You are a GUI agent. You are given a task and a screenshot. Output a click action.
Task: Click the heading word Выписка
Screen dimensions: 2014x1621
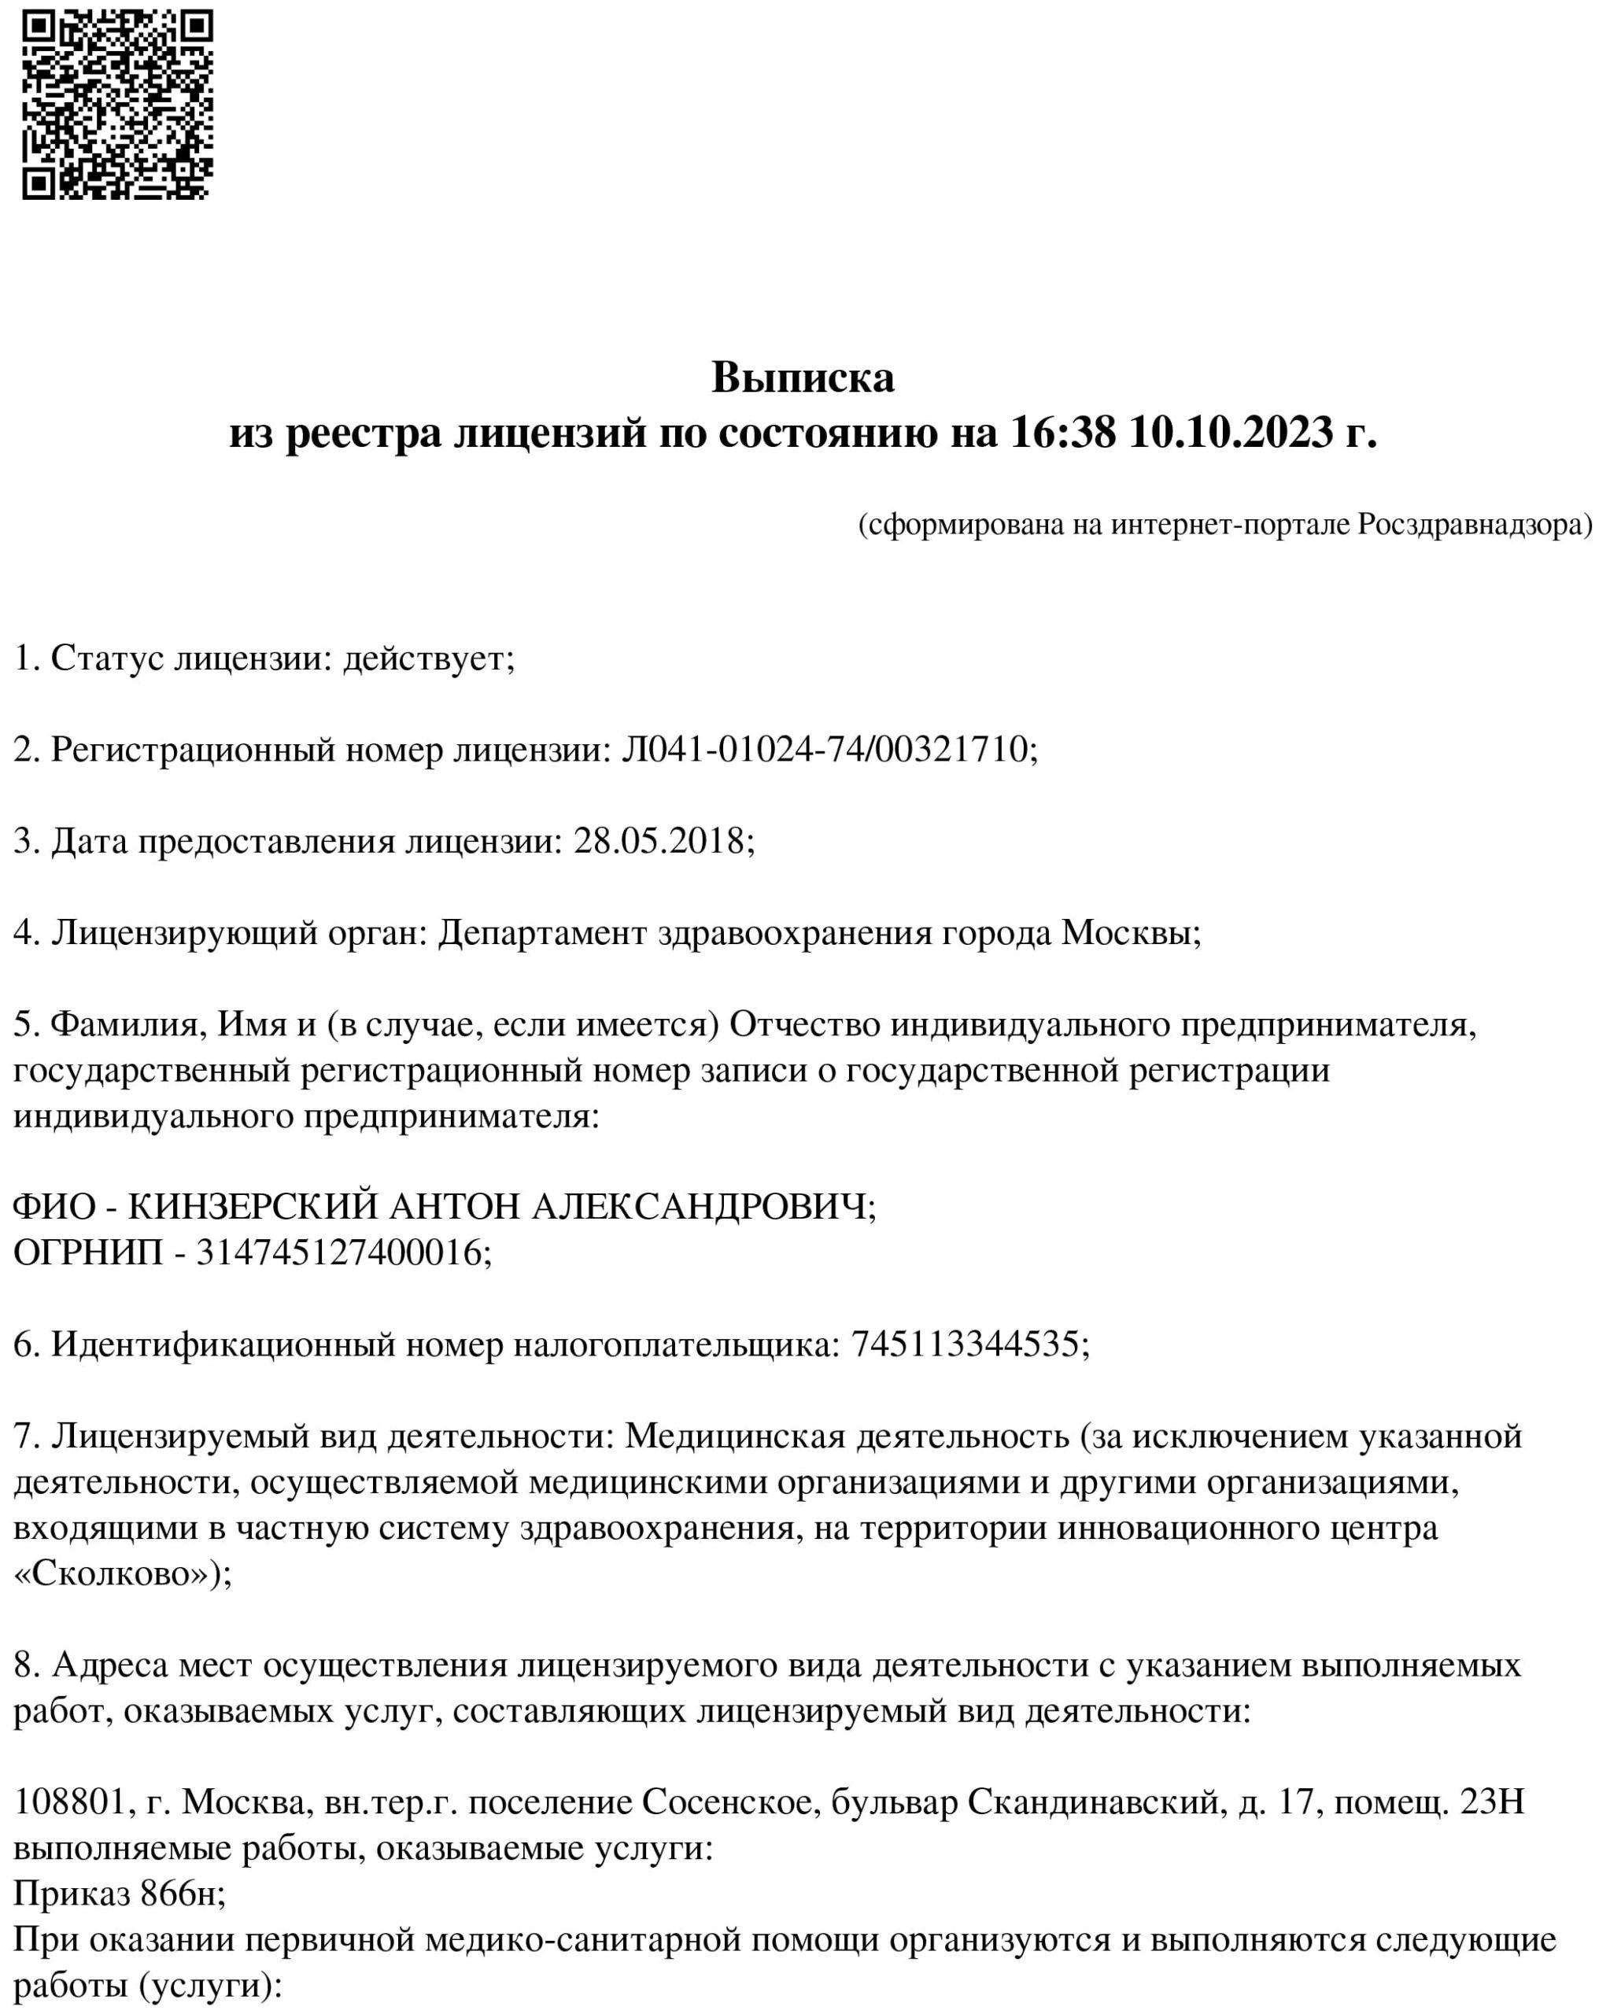click(x=803, y=378)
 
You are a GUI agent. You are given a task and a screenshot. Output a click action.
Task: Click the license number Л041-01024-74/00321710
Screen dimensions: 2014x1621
click(x=826, y=749)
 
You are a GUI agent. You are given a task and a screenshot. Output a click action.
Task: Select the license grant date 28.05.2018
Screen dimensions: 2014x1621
click(x=659, y=841)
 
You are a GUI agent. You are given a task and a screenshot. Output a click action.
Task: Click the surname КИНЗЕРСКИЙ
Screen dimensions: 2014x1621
click(x=253, y=1207)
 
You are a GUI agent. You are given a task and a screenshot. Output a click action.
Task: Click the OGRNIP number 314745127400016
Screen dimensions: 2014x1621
click(x=339, y=1252)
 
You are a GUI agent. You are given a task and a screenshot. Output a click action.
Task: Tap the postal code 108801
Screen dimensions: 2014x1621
click(x=70, y=1802)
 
